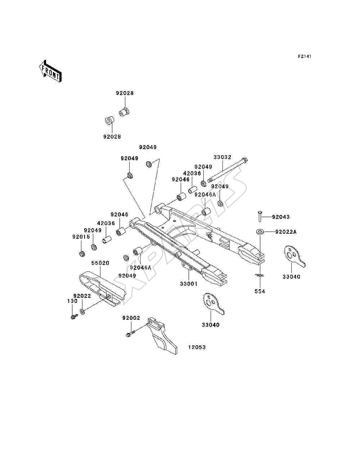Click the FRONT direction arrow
[x=51, y=71]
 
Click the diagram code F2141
[x=305, y=57]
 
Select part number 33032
[x=222, y=157]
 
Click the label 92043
[x=281, y=217]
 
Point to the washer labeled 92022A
[x=260, y=232]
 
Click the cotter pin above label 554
[x=260, y=275]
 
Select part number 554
[x=260, y=291]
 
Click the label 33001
[x=189, y=284]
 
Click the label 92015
[x=81, y=237]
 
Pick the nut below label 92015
[x=82, y=254]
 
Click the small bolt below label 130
[x=74, y=316]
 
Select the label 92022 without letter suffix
[x=82, y=296]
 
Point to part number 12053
[x=197, y=347]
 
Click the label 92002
[x=131, y=318]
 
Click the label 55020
[x=100, y=263]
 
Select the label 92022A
[x=286, y=232]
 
